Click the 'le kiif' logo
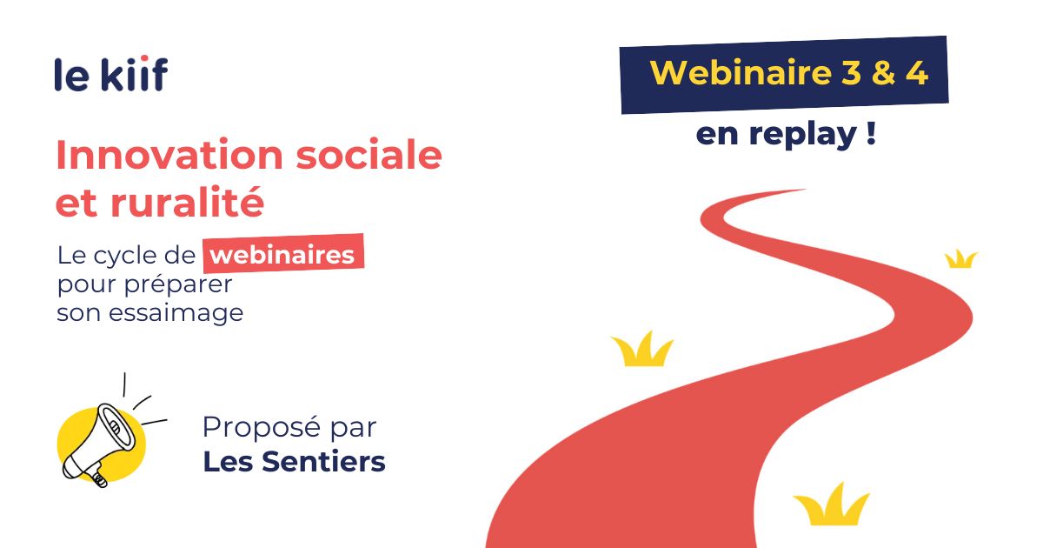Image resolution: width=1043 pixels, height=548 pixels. (x=111, y=73)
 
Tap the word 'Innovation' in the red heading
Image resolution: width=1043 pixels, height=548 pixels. (x=169, y=155)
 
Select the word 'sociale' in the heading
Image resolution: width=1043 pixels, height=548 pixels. (x=369, y=155)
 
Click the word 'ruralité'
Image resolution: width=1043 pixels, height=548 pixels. (x=187, y=202)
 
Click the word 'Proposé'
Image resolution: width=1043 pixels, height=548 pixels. (x=262, y=427)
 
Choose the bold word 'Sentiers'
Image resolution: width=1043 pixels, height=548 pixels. (x=323, y=462)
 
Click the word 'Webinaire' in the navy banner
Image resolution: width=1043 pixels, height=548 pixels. (x=741, y=73)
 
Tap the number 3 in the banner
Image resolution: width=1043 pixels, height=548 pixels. (x=852, y=73)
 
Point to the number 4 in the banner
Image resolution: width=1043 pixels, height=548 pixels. (x=917, y=74)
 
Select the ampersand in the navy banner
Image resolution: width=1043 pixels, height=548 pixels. (x=884, y=73)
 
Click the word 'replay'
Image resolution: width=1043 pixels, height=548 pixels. (x=803, y=135)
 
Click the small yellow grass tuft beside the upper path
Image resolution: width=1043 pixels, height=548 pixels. (x=961, y=259)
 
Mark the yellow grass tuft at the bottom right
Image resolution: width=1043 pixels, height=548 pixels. (x=831, y=505)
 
